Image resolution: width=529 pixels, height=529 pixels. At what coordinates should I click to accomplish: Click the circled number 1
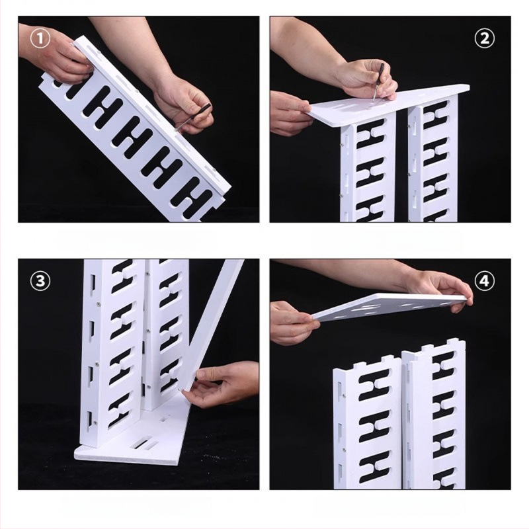(x=40, y=39)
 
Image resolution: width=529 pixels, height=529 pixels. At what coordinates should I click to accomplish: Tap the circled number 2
(x=484, y=39)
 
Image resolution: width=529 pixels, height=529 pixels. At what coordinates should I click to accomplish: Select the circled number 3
(x=40, y=280)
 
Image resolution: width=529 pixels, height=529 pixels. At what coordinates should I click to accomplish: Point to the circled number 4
(x=484, y=280)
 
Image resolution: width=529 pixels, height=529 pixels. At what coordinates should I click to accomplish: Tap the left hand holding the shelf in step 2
(x=290, y=113)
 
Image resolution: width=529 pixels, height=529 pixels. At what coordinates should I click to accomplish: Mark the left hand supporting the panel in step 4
(x=294, y=322)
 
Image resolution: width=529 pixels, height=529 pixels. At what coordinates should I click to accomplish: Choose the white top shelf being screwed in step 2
(x=388, y=101)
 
